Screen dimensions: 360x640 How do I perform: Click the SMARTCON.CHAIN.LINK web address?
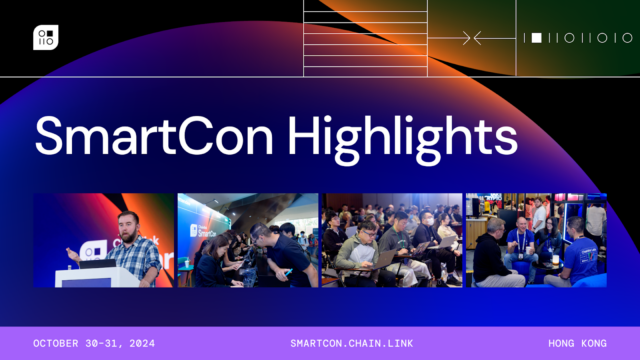coord(319,343)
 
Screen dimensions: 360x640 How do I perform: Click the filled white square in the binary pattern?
coord(536,38)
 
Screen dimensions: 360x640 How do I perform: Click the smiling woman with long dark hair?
coord(550,245)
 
